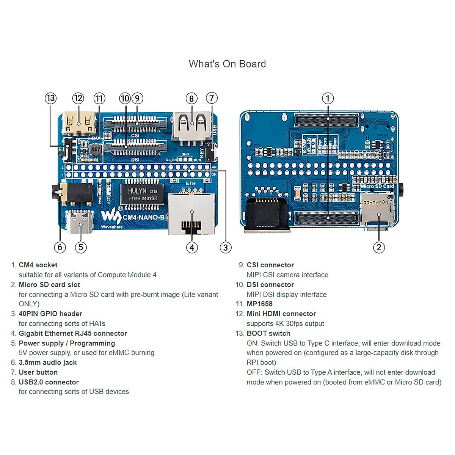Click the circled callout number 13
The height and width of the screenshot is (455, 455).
(x=50, y=99)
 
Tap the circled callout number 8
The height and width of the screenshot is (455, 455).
(x=191, y=99)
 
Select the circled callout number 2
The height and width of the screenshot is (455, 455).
(x=379, y=247)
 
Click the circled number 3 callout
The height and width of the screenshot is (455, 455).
(x=226, y=248)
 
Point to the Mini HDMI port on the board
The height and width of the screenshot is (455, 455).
(x=79, y=123)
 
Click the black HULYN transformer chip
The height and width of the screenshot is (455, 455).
(x=142, y=194)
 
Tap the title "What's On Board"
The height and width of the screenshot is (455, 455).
(x=227, y=64)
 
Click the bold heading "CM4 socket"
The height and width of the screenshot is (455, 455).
(x=38, y=265)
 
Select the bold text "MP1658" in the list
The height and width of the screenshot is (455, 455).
(x=259, y=304)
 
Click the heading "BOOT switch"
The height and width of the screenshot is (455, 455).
(x=268, y=333)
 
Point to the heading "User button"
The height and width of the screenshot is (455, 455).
(x=38, y=372)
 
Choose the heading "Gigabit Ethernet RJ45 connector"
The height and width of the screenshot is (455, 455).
(x=73, y=333)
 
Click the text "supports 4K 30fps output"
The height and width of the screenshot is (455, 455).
(x=285, y=323)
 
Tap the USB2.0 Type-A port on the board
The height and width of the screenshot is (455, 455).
(x=191, y=125)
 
